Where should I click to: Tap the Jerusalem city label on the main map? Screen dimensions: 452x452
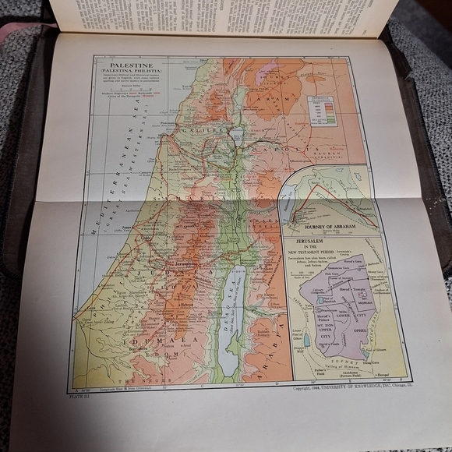185,264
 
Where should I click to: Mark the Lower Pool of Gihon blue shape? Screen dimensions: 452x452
306,341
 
